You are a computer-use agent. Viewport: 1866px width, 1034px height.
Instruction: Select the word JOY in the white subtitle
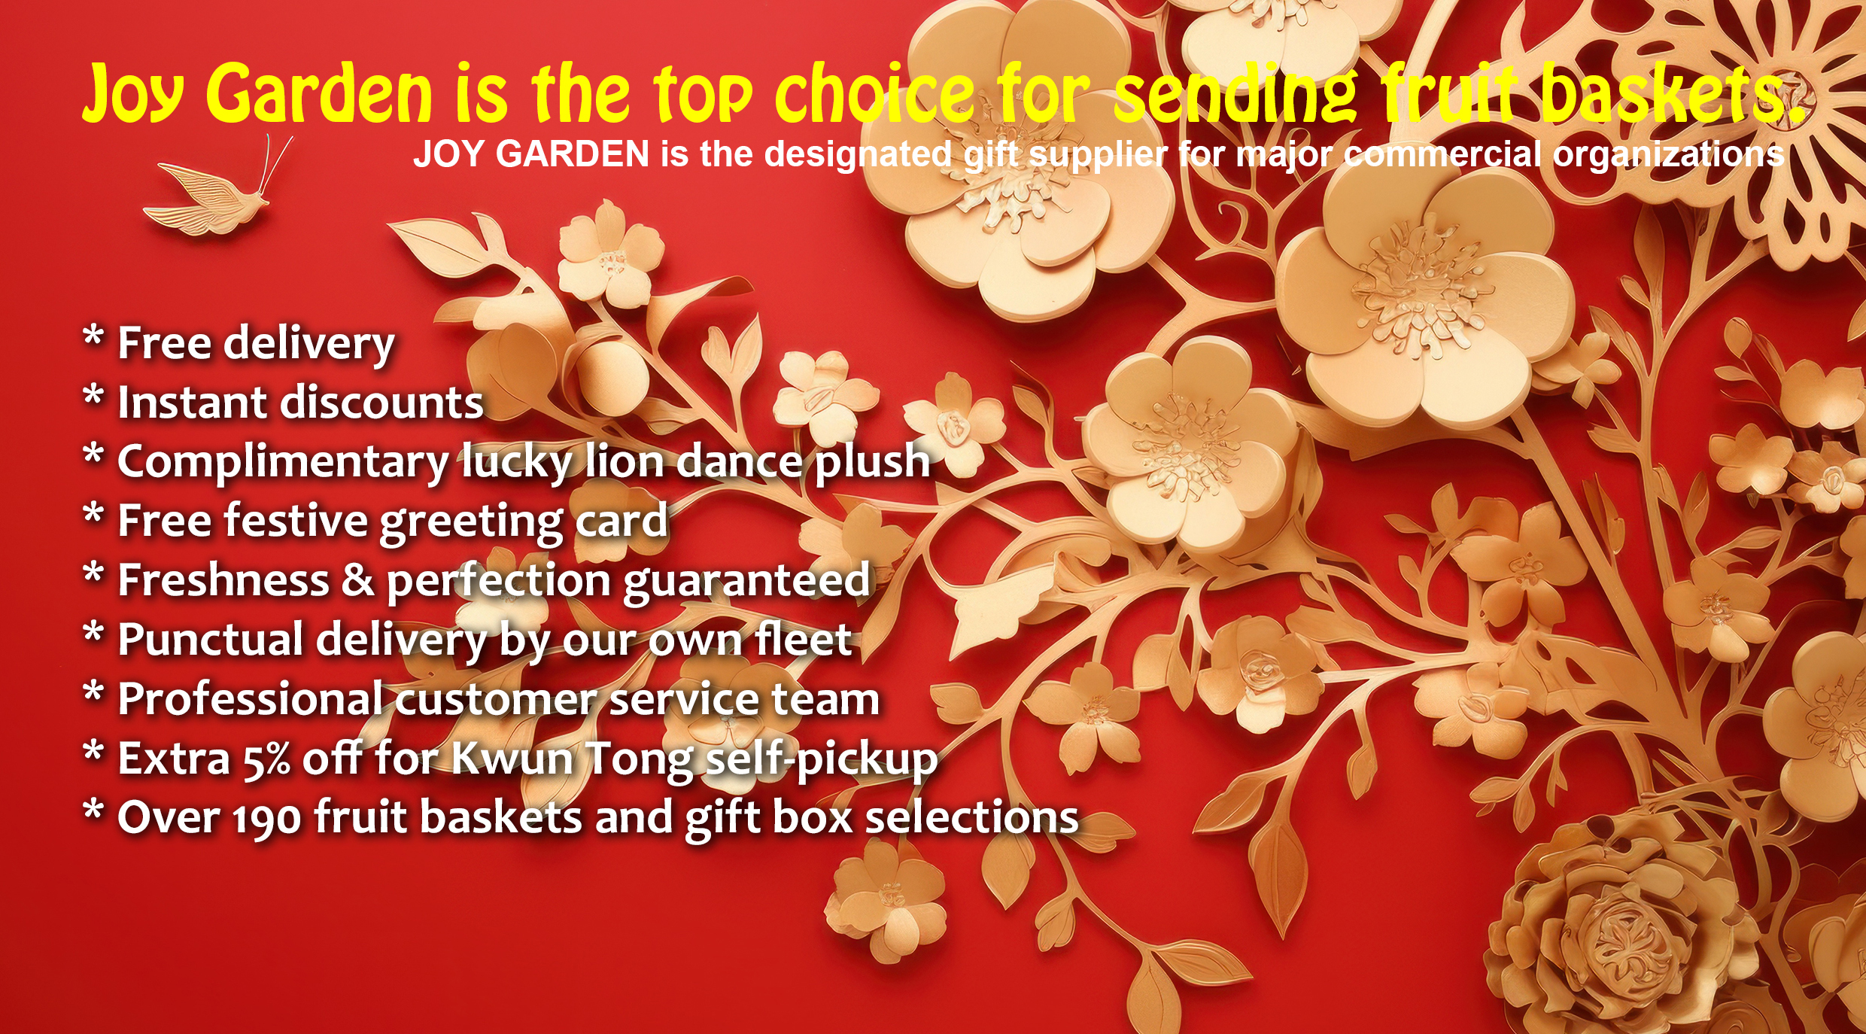point(448,154)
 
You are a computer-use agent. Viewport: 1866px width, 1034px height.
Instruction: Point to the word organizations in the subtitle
point(1668,156)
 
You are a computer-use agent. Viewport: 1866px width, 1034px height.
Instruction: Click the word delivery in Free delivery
point(310,345)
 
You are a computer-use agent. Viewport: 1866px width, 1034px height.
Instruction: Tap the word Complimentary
point(283,464)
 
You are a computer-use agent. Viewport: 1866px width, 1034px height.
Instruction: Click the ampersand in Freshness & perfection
point(357,581)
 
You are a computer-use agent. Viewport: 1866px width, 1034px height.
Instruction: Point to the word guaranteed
point(746,582)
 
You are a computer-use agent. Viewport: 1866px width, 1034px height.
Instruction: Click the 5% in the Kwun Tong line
point(266,759)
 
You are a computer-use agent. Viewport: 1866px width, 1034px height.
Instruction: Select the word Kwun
point(512,759)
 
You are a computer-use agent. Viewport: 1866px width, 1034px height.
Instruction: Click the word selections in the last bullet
point(972,818)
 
